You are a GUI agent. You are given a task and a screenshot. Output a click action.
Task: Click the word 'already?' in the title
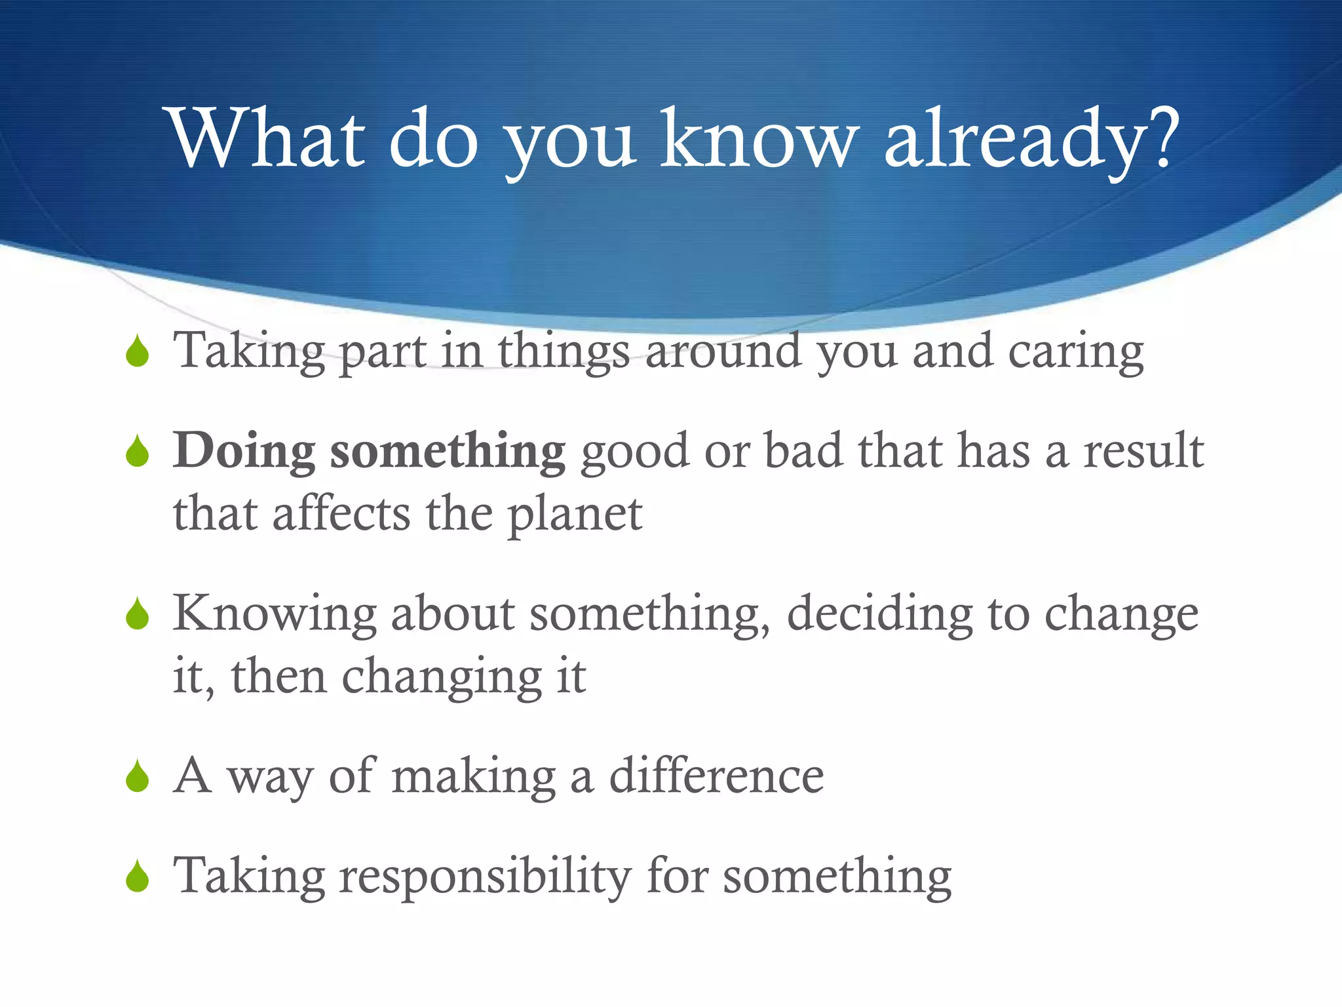pyautogui.click(x=1031, y=139)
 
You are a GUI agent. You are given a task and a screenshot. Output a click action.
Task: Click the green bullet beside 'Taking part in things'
pyautogui.click(x=138, y=352)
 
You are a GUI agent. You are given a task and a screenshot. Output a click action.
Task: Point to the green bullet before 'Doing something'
pyautogui.click(x=138, y=452)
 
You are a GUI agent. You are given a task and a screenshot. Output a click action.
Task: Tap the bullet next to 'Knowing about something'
pyautogui.click(x=138, y=614)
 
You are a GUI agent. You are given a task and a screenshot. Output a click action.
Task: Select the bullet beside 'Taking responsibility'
pyautogui.click(x=138, y=877)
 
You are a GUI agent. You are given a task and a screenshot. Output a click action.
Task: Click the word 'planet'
pyautogui.click(x=575, y=515)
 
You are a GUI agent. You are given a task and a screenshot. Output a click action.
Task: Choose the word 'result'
pyautogui.click(x=1143, y=451)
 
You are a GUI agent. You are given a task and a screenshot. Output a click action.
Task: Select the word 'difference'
pyautogui.click(x=716, y=777)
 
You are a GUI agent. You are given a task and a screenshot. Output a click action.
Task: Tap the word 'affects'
pyautogui.click(x=341, y=514)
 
